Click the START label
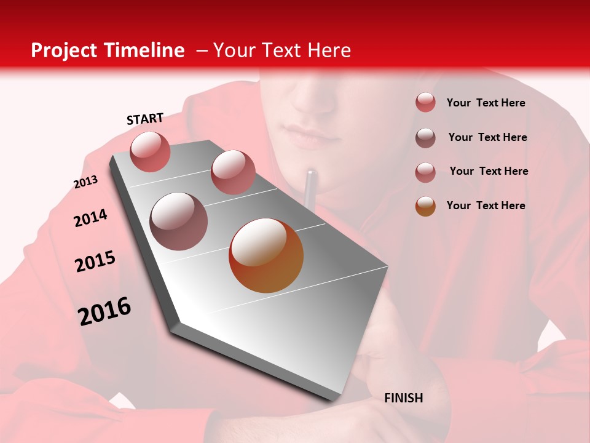click(145, 119)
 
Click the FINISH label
click(403, 398)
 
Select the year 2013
click(85, 182)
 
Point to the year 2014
click(90, 218)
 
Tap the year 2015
click(95, 261)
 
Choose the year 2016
click(104, 311)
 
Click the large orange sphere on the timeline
click(266, 255)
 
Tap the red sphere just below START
click(150, 151)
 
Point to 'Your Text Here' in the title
click(281, 50)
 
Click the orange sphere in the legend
click(425, 206)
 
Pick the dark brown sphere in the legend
click(425, 138)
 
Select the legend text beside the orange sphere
click(486, 206)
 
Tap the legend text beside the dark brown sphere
click(487, 137)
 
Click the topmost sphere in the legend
click(425, 103)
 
